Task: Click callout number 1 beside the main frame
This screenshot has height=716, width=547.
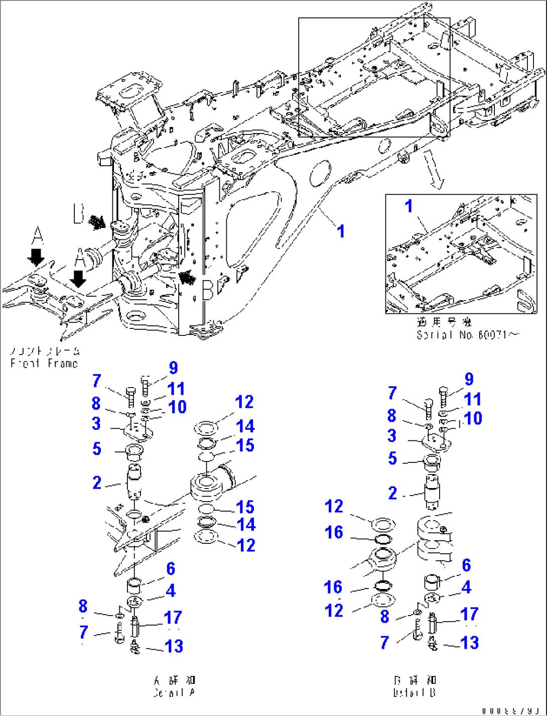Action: click(341, 231)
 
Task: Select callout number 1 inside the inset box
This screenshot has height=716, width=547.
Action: click(409, 206)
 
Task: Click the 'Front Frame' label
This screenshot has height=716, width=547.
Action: click(44, 363)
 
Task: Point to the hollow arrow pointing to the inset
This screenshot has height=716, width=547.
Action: click(435, 171)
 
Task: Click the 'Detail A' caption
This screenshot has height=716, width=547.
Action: click(174, 693)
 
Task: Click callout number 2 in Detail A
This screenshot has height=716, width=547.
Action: click(97, 483)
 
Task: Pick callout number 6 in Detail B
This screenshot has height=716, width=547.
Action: click(466, 565)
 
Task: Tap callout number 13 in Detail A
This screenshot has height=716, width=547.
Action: click(174, 646)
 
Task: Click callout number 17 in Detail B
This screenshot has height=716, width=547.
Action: click(469, 614)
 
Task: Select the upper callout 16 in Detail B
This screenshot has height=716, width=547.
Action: click(334, 532)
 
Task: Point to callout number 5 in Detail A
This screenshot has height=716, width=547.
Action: click(97, 448)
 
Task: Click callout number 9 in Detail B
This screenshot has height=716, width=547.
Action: click(469, 379)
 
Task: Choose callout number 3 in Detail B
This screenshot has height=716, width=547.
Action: click(392, 435)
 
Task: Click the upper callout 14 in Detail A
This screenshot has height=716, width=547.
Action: click(245, 426)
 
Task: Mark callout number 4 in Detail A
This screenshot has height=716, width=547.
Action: click(171, 590)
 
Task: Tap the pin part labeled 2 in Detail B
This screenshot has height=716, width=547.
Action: click(432, 489)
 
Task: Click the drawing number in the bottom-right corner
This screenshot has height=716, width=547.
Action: click(512, 711)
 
